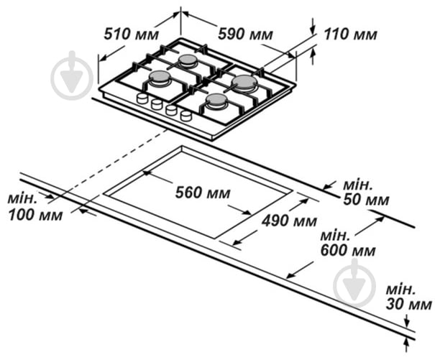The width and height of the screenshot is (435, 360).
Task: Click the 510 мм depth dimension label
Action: tap(132, 34)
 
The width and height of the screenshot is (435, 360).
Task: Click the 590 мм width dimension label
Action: tap(245, 34)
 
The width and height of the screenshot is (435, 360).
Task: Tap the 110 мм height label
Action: tap(350, 34)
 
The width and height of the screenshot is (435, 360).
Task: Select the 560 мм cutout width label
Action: tap(203, 193)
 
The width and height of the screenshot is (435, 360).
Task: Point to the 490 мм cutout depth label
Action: tap(289, 221)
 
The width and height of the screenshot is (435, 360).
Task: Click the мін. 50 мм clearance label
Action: tap(366, 192)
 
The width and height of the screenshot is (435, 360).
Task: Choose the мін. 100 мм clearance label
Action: tap(35, 207)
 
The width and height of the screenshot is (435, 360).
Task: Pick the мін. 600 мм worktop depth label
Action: tap(348, 243)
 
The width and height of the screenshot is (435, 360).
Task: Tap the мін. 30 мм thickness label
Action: tap(408, 297)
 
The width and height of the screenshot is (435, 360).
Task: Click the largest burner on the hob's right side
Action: tap(244, 82)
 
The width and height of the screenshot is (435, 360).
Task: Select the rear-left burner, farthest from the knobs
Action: tap(188, 60)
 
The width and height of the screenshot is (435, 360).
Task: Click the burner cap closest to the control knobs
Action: tap(159, 77)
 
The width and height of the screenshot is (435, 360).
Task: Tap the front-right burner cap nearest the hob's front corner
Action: tap(216, 100)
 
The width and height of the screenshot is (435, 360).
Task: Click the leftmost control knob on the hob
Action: tap(142, 98)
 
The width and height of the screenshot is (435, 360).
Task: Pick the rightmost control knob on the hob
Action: tap(186, 115)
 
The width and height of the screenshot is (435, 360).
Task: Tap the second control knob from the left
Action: tap(157, 104)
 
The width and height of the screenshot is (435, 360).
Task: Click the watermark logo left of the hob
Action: tap(72, 74)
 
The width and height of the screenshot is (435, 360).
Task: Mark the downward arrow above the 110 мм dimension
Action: tap(313, 27)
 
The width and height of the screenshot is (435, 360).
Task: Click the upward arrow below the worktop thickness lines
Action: tap(407, 346)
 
